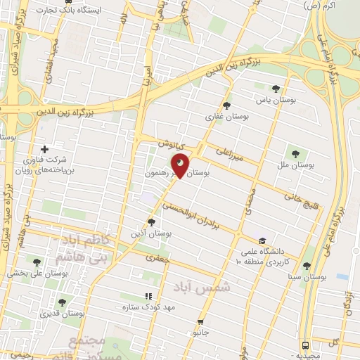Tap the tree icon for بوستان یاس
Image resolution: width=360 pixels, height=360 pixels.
(x=276, y=89)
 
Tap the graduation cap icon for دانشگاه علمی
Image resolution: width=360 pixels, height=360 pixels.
(x=262, y=239)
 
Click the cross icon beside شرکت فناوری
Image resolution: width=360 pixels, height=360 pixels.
(x=45, y=149)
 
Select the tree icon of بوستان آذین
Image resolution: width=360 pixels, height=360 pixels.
(x=152, y=222)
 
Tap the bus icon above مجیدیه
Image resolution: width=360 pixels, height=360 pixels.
(x=305, y=346)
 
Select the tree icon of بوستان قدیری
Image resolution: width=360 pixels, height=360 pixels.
(x=62, y=302)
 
